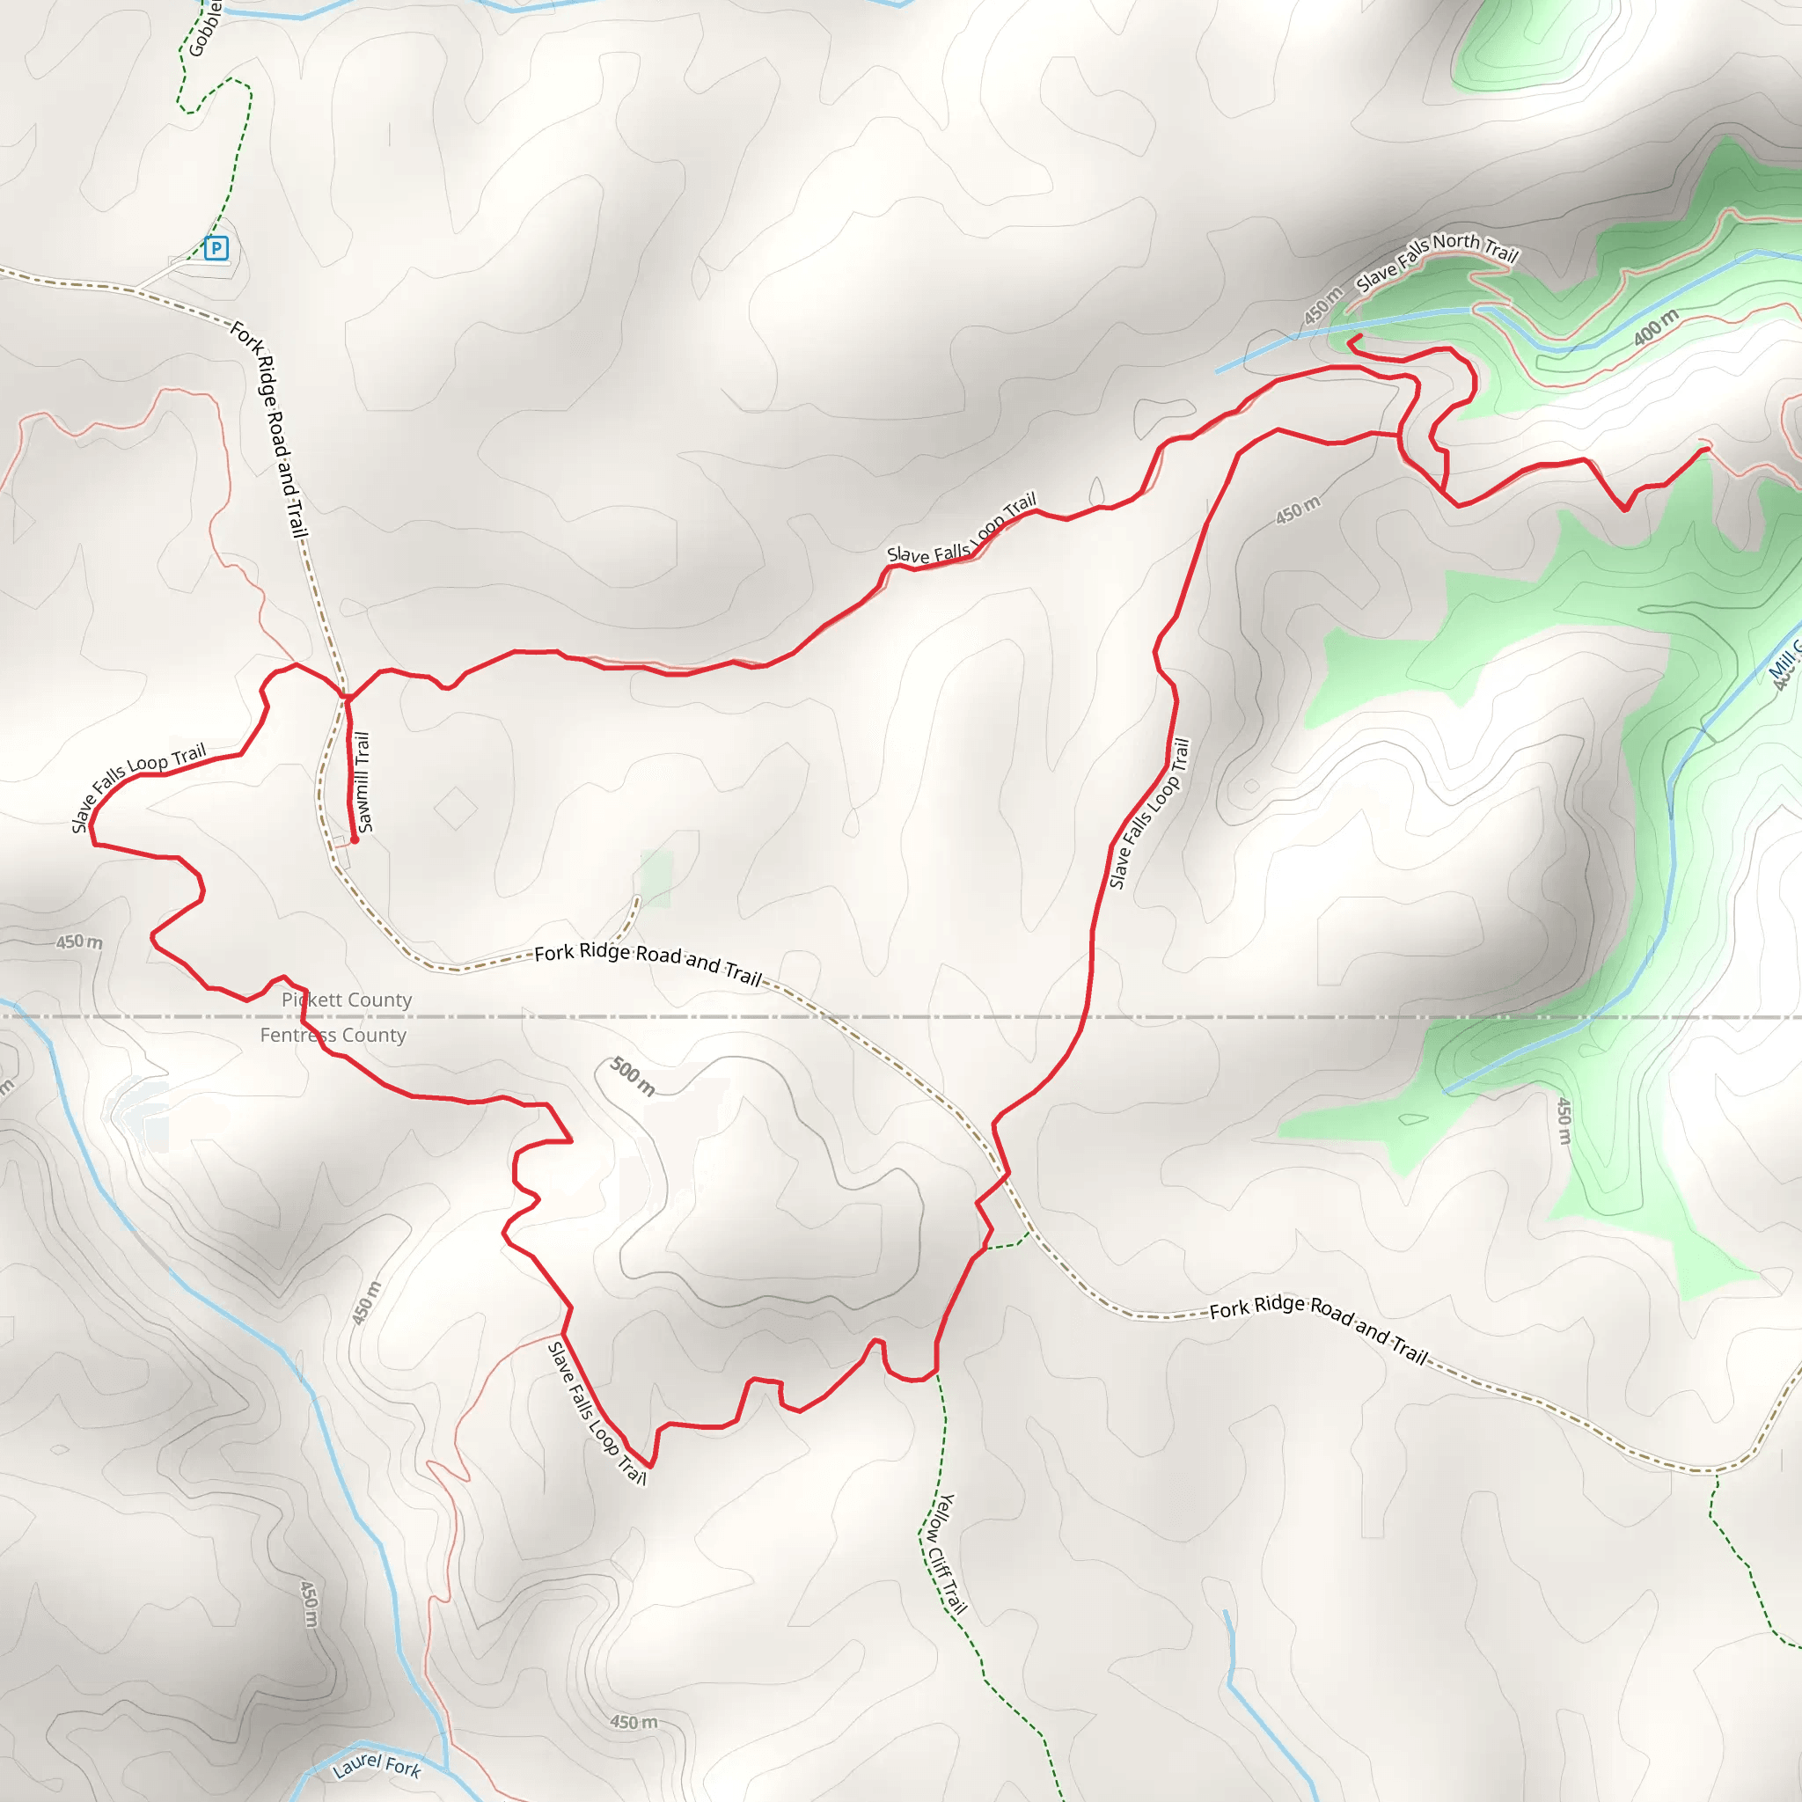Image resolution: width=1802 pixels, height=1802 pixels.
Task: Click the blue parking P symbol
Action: (216, 248)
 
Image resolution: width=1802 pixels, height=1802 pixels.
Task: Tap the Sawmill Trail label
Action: (363, 781)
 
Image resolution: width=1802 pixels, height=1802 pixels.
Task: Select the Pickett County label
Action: (346, 1000)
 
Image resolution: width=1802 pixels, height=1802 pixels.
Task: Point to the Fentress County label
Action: (333, 1036)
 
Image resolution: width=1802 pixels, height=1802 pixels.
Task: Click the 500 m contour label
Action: (633, 1076)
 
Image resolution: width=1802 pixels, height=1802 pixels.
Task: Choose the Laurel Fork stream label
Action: (377, 1765)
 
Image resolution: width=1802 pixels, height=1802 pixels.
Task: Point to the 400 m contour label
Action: (1656, 327)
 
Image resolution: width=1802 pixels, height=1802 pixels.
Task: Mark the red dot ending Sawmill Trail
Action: (355, 839)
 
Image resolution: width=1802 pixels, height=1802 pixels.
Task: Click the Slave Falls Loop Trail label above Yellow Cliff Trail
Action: (1149, 812)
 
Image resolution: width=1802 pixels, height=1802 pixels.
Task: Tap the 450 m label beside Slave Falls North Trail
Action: (1322, 306)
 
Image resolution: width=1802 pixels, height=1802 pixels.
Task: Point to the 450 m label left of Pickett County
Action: (79, 942)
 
